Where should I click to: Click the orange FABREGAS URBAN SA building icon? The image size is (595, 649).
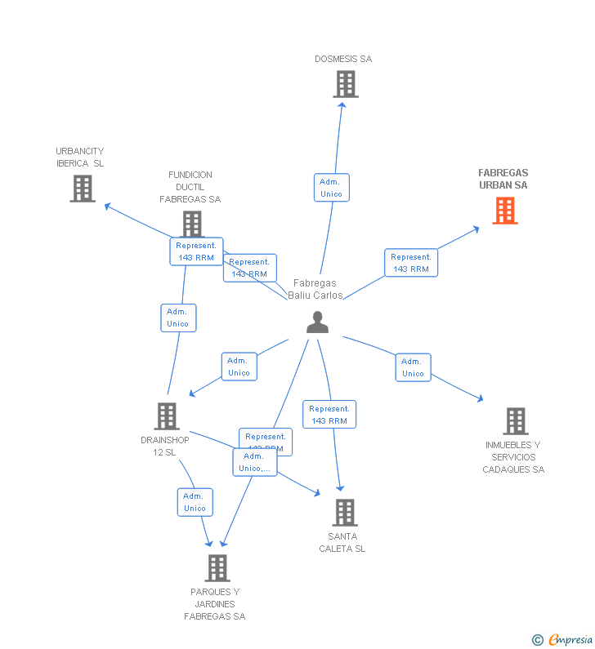pyautogui.click(x=505, y=211)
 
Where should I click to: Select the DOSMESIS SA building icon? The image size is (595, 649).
pyautogui.click(x=345, y=83)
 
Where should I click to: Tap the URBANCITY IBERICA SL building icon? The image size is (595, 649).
pyautogui.click(x=82, y=189)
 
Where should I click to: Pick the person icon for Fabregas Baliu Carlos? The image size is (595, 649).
pyautogui.click(x=317, y=322)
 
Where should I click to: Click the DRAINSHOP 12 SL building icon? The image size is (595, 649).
pyautogui.click(x=167, y=416)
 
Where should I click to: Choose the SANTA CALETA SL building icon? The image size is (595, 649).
pyautogui.click(x=345, y=512)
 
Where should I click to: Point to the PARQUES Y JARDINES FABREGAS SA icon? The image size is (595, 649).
pyautogui.click(x=217, y=567)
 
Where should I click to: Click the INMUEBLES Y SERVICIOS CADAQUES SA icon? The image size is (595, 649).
pyautogui.click(x=515, y=420)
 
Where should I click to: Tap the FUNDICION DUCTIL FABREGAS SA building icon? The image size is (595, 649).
pyautogui.click(x=191, y=223)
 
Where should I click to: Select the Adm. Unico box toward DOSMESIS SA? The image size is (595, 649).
pyautogui.click(x=331, y=188)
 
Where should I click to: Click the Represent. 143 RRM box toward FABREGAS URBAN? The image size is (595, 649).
pyautogui.click(x=410, y=263)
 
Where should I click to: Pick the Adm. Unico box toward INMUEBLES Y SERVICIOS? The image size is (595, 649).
pyautogui.click(x=413, y=367)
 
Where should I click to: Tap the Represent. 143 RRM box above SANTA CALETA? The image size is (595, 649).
pyautogui.click(x=329, y=415)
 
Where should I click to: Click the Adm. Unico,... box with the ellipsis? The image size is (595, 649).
pyautogui.click(x=254, y=462)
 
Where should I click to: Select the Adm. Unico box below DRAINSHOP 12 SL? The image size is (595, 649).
pyautogui.click(x=195, y=502)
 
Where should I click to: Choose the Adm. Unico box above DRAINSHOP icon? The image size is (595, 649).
pyautogui.click(x=178, y=318)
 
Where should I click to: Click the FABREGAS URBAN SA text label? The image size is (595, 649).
pyautogui.click(x=503, y=179)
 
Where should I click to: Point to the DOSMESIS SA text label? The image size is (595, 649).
pyautogui.click(x=343, y=59)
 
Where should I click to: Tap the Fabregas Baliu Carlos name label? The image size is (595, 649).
pyautogui.click(x=315, y=289)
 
